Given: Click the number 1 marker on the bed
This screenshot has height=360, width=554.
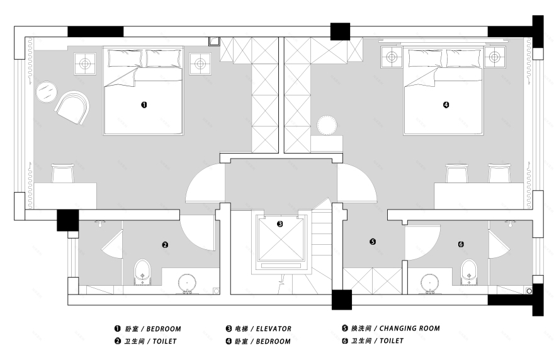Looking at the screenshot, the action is (x=144, y=105).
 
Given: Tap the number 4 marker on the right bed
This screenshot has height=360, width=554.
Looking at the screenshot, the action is (x=446, y=105).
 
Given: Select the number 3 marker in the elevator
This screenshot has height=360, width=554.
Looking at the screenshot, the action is (x=280, y=223).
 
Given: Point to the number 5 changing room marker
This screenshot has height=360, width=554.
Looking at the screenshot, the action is (x=373, y=242).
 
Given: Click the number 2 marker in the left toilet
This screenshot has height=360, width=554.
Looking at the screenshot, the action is (x=165, y=244).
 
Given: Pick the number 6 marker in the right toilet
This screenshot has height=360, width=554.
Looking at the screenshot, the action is (x=461, y=244).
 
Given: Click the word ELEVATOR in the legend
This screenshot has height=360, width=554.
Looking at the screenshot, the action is (x=274, y=329).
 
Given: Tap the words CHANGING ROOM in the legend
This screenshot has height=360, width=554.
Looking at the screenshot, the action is (x=409, y=328).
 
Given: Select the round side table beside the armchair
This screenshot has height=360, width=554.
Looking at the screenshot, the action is (x=47, y=92).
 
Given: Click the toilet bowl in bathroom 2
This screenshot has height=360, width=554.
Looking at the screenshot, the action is (x=142, y=273).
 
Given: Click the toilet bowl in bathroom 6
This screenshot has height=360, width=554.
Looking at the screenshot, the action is (x=469, y=272).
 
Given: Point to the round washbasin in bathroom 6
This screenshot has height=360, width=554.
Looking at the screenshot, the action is (x=430, y=283).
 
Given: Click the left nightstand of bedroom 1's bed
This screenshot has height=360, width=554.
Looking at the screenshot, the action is (x=85, y=64).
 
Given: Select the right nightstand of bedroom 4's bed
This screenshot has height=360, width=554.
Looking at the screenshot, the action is (x=494, y=57).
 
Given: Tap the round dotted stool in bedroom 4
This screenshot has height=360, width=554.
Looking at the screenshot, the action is (x=327, y=125).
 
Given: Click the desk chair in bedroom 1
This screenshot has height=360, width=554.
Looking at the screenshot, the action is (x=62, y=173).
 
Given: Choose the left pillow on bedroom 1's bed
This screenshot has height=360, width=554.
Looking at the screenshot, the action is (x=125, y=59).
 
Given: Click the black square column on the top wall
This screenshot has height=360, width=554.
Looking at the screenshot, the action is (x=340, y=31).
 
